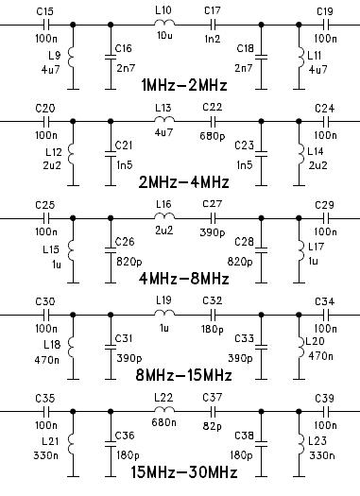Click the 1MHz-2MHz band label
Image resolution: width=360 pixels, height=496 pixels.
tap(184, 85)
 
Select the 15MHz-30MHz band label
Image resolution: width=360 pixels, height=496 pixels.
tap(184, 472)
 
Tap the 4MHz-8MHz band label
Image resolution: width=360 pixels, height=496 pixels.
tap(184, 279)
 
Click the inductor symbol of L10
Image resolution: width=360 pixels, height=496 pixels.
tap(164, 23)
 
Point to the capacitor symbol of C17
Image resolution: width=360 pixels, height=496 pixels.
tap(213, 25)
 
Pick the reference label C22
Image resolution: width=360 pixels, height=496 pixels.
tap(213, 107)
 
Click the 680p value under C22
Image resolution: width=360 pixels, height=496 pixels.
tap(213, 136)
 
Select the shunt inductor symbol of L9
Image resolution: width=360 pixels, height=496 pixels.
tap(72, 58)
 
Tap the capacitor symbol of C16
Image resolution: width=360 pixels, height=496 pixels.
tap(111, 57)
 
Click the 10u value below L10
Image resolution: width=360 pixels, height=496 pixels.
tap(164, 35)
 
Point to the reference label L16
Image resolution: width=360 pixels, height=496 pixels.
tap(163, 204)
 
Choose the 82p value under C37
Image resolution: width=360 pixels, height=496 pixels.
tap(213, 426)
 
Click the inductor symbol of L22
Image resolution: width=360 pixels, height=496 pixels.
tap(164, 409)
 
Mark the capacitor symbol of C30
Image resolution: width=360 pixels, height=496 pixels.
tap(46, 315)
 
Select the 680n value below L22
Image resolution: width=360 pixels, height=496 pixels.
tap(163, 422)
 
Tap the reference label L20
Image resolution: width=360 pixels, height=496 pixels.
tap(315, 341)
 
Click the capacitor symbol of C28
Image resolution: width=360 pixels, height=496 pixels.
tap(261, 250)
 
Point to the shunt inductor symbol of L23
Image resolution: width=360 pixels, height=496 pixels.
tap(300, 444)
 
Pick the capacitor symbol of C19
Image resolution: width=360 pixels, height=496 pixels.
tap(326, 25)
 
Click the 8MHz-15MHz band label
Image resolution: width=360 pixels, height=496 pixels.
tap(184, 375)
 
